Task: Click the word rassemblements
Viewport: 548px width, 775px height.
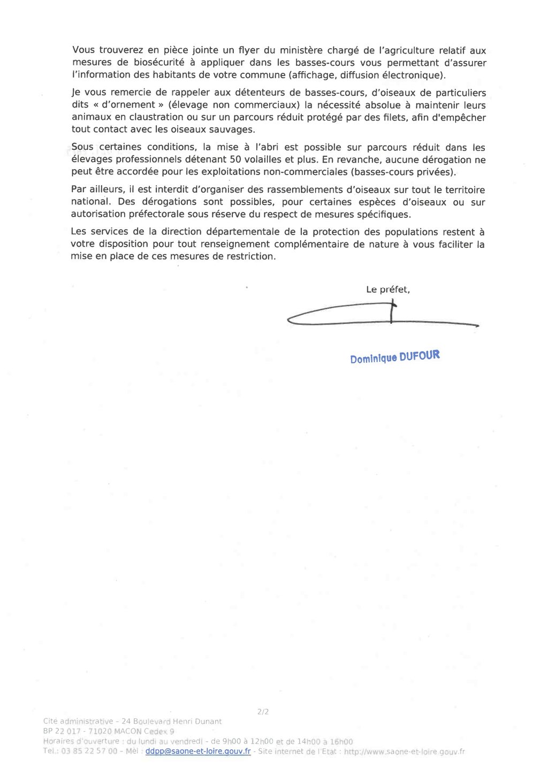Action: tap(288, 190)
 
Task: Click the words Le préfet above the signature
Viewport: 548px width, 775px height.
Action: tap(388, 290)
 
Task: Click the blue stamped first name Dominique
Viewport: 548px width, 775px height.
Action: tap(374, 359)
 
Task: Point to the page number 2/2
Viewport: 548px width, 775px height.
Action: tap(263, 712)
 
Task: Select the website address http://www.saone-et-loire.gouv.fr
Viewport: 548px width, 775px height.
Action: tap(404, 751)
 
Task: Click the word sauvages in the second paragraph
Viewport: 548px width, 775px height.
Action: tap(234, 129)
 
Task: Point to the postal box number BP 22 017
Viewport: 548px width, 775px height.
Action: tap(62, 731)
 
